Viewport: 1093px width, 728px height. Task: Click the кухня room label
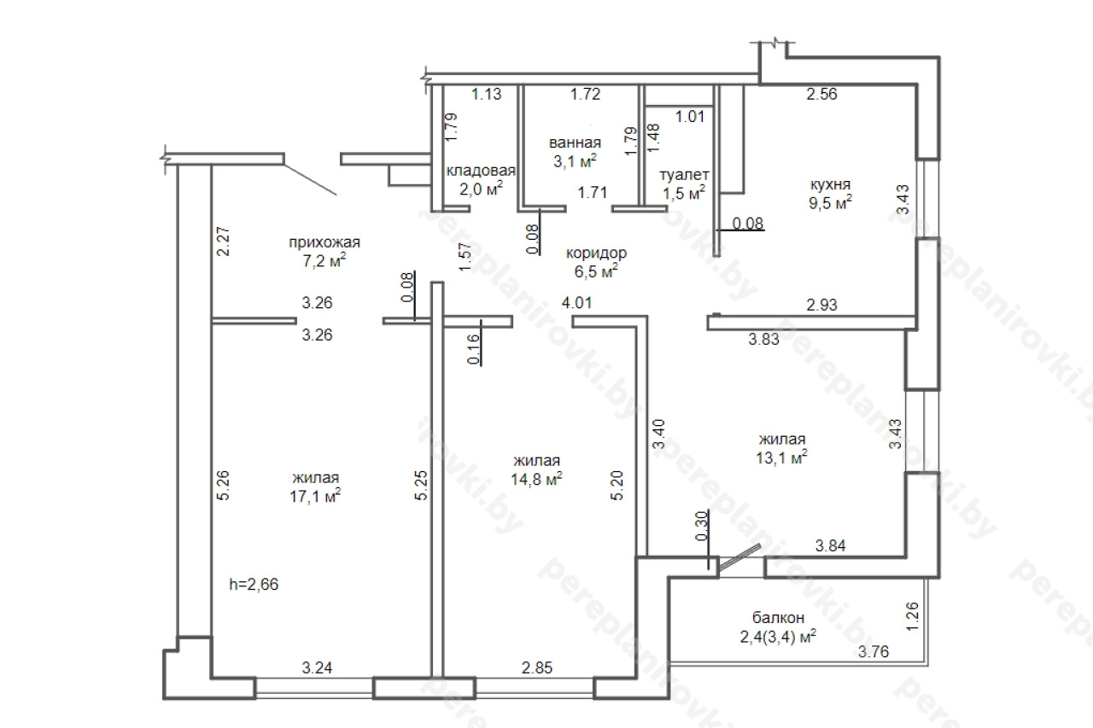coord(830,185)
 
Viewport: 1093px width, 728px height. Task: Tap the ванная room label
coord(575,143)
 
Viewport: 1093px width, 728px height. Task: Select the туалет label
coord(684,175)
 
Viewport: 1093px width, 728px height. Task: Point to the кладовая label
coord(481,171)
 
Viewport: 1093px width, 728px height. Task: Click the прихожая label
coord(324,242)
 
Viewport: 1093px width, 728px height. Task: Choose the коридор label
coord(596,253)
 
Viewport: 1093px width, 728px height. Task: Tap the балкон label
coord(778,618)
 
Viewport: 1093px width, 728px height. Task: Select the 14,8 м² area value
coord(537,479)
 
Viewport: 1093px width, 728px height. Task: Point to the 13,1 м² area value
coord(781,457)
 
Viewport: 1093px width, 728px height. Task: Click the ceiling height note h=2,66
coord(254,584)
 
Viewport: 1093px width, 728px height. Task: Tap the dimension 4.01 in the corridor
coord(576,303)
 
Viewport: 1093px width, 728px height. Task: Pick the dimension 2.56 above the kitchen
coord(821,94)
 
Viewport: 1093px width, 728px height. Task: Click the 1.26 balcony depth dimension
coord(912,616)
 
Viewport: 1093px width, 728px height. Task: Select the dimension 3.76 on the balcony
coord(874,651)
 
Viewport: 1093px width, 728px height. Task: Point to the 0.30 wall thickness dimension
coord(701,526)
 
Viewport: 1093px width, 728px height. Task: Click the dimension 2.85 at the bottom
coord(537,667)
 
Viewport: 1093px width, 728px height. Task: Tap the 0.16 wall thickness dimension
coord(473,349)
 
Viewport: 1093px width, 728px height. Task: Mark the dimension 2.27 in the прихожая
coord(223,242)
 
